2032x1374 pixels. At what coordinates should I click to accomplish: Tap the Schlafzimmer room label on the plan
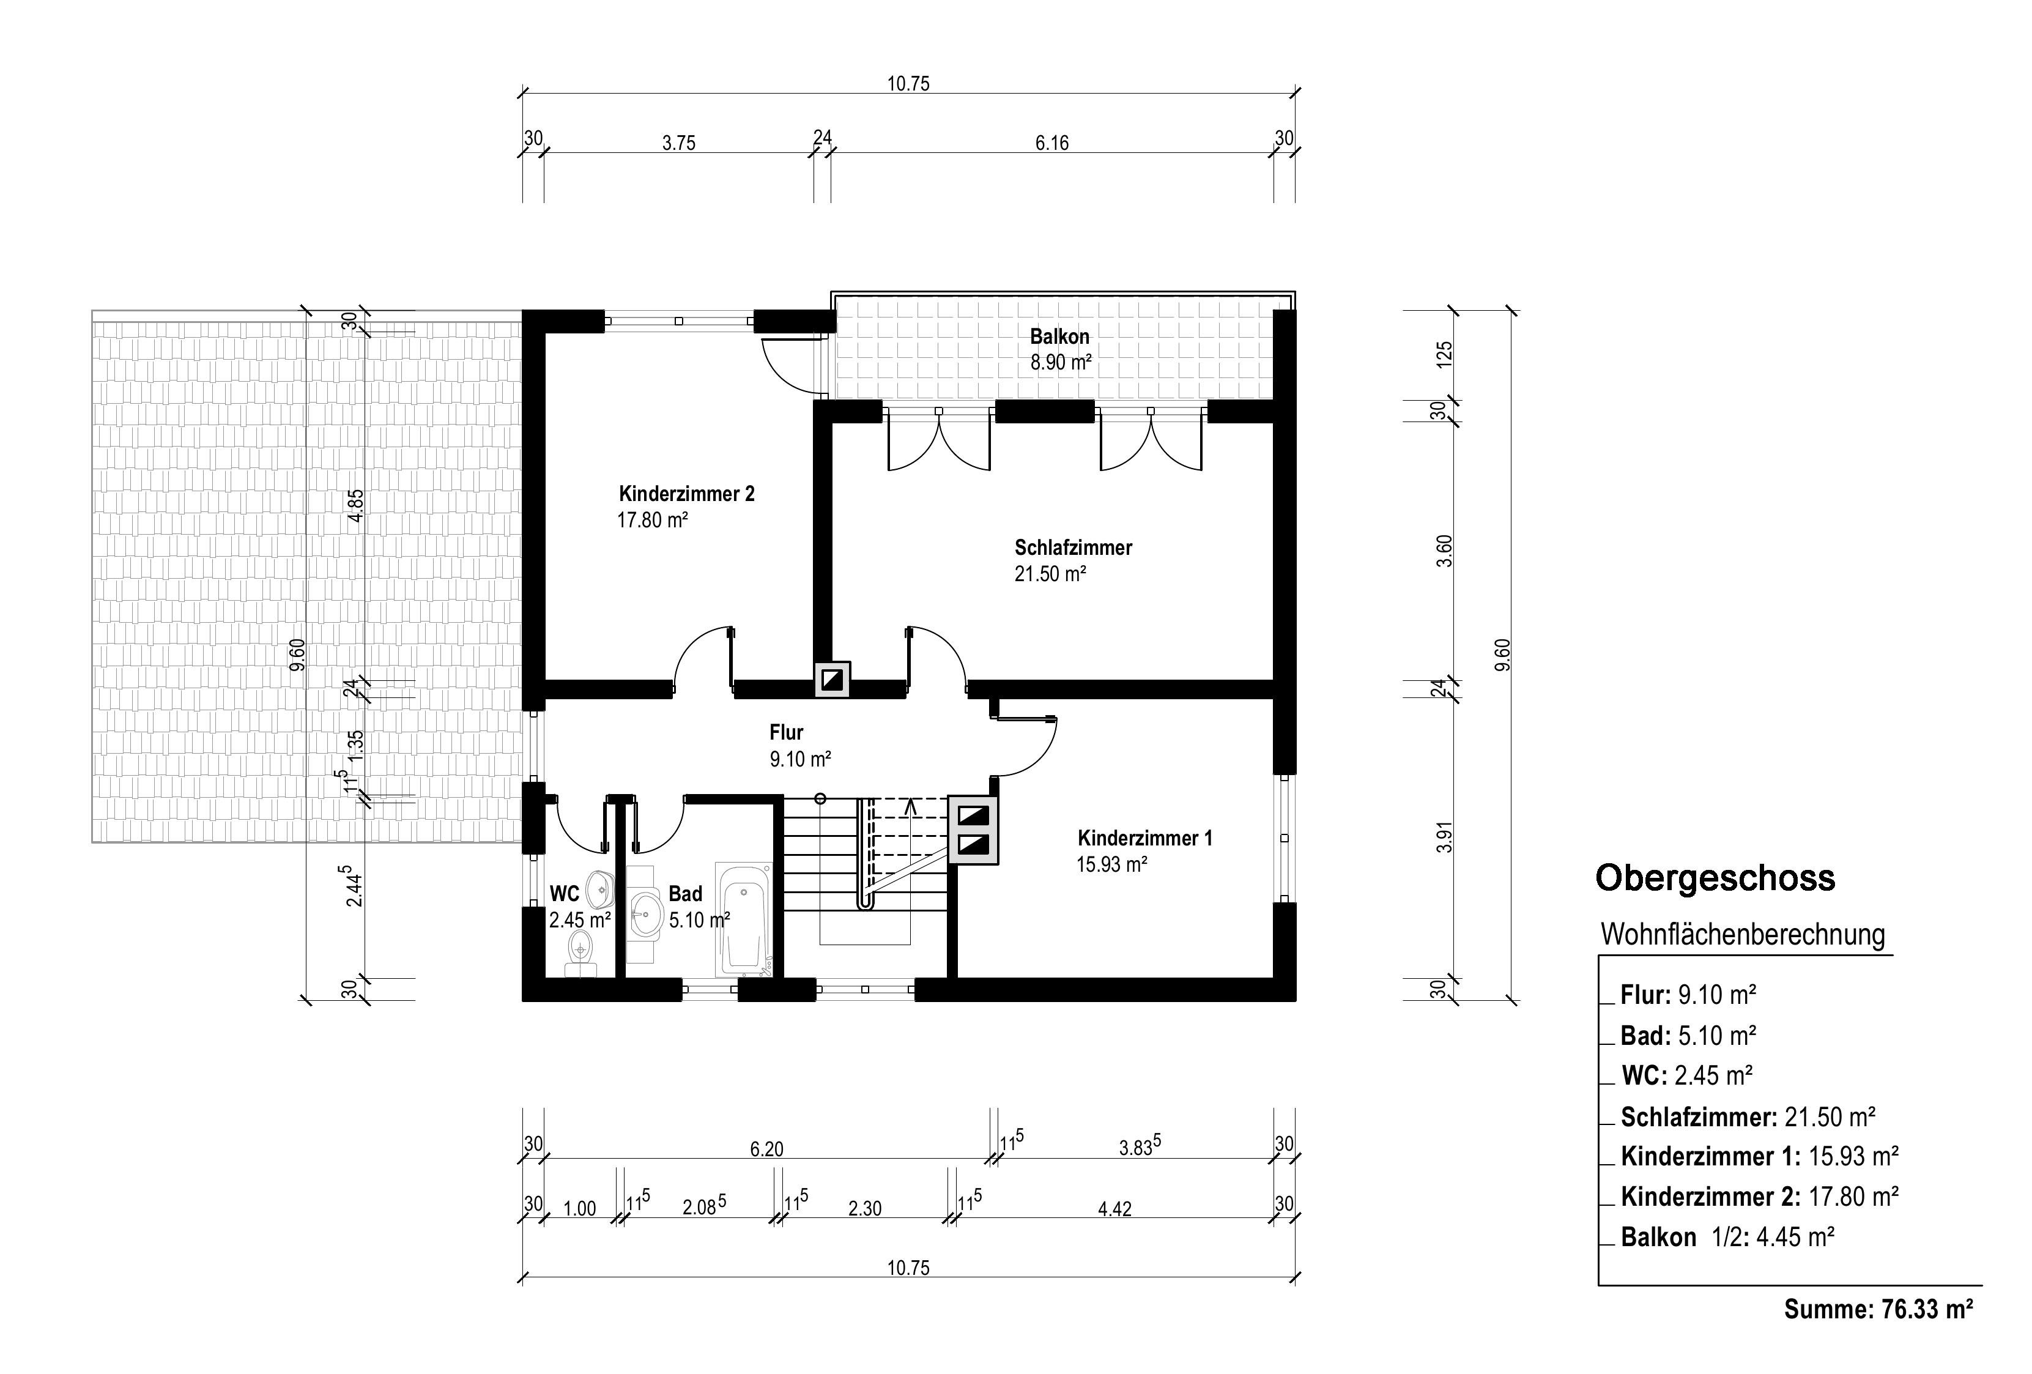pos(1073,548)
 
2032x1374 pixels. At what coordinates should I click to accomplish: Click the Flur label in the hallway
pos(786,732)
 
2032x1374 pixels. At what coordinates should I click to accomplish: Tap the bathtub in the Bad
pos(744,919)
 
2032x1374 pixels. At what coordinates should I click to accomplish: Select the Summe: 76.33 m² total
pos(1878,1309)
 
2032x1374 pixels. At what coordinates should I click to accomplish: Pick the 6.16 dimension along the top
pos(1052,143)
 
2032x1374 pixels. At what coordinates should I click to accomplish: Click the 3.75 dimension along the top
pos(678,143)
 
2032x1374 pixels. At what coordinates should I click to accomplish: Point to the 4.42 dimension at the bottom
pos(1115,1209)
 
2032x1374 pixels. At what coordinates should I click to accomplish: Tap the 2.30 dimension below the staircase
pos(865,1209)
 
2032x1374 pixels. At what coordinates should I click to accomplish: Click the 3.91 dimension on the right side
pos(1444,838)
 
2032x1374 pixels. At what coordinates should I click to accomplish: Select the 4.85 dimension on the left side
pos(355,505)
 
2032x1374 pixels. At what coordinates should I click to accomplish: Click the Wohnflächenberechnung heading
pos(1743,934)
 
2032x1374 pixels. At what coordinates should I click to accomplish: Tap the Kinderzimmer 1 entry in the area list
pos(1759,1156)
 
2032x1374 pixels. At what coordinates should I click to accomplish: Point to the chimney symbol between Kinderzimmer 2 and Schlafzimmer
pos(831,678)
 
